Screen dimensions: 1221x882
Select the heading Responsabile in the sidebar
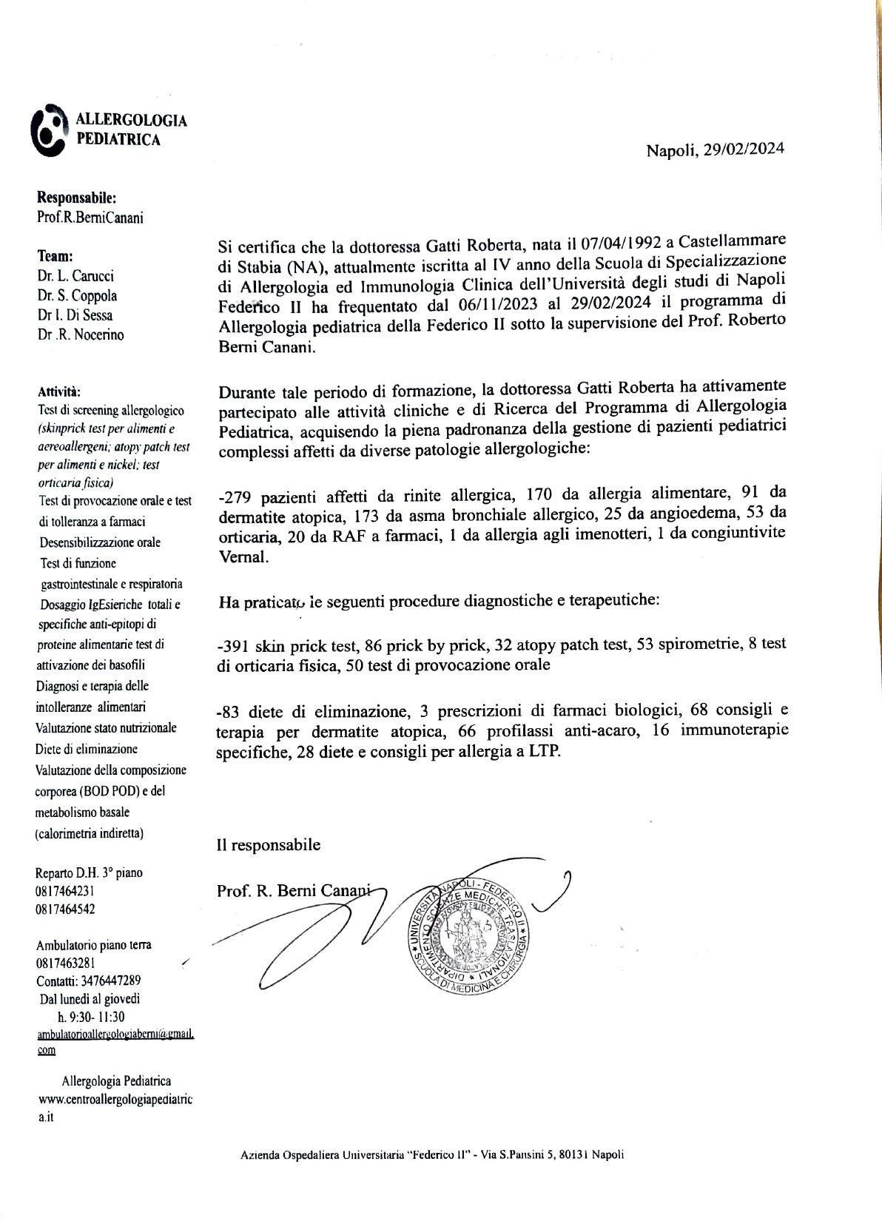click(x=76, y=198)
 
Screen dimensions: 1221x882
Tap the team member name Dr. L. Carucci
click(x=75, y=276)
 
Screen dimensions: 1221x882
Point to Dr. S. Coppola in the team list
click(x=77, y=295)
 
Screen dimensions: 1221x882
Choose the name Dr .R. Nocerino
click(x=81, y=334)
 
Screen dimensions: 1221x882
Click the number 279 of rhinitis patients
click(x=237, y=494)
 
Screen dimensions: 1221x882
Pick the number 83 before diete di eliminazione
click(x=232, y=711)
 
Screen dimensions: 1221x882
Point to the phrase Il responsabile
click(x=269, y=844)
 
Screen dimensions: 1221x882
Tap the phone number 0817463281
click(x=65, y=963)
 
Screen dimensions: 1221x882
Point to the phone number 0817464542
click(x=65, y=909)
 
